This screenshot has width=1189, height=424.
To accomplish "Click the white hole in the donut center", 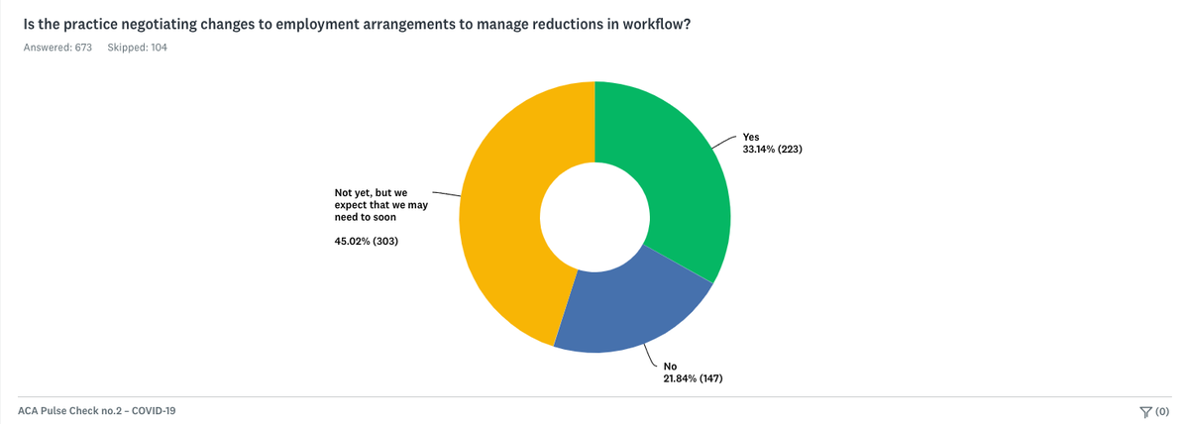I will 594,214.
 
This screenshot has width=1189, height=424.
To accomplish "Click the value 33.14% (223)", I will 779,151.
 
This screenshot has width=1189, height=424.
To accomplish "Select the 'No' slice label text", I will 670,367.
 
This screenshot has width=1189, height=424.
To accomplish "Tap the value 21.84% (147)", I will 700,378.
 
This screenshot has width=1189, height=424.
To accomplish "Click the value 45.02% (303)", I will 367,241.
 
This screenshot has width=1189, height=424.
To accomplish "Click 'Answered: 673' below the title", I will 57,47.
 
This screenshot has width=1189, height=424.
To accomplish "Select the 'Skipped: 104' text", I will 137,47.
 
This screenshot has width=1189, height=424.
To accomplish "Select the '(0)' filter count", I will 1162,411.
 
